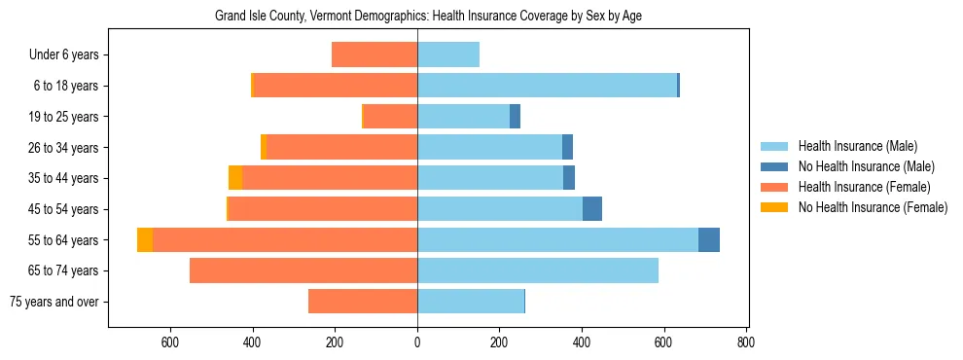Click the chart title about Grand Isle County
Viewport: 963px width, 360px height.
click(428, 16)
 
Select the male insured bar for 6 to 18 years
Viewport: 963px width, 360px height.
click(547, 86)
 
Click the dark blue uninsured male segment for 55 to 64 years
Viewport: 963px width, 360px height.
click(709, 240)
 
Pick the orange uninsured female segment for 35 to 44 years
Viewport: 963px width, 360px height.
click(235, 178)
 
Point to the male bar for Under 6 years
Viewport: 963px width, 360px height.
click(448, 54)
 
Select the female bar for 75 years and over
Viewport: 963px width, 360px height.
click(363, 302)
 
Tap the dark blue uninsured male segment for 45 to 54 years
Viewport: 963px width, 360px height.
click(592, 209)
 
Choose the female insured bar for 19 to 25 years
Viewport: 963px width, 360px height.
click(390, 117)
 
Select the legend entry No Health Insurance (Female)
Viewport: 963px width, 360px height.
click(873, 207)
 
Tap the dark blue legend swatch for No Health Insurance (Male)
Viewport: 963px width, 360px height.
click(775, 166)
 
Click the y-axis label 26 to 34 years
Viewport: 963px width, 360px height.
click(64, 148)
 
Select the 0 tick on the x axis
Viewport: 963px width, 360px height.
click(417, 342)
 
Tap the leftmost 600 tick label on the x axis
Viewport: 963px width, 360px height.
click(170, 342)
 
